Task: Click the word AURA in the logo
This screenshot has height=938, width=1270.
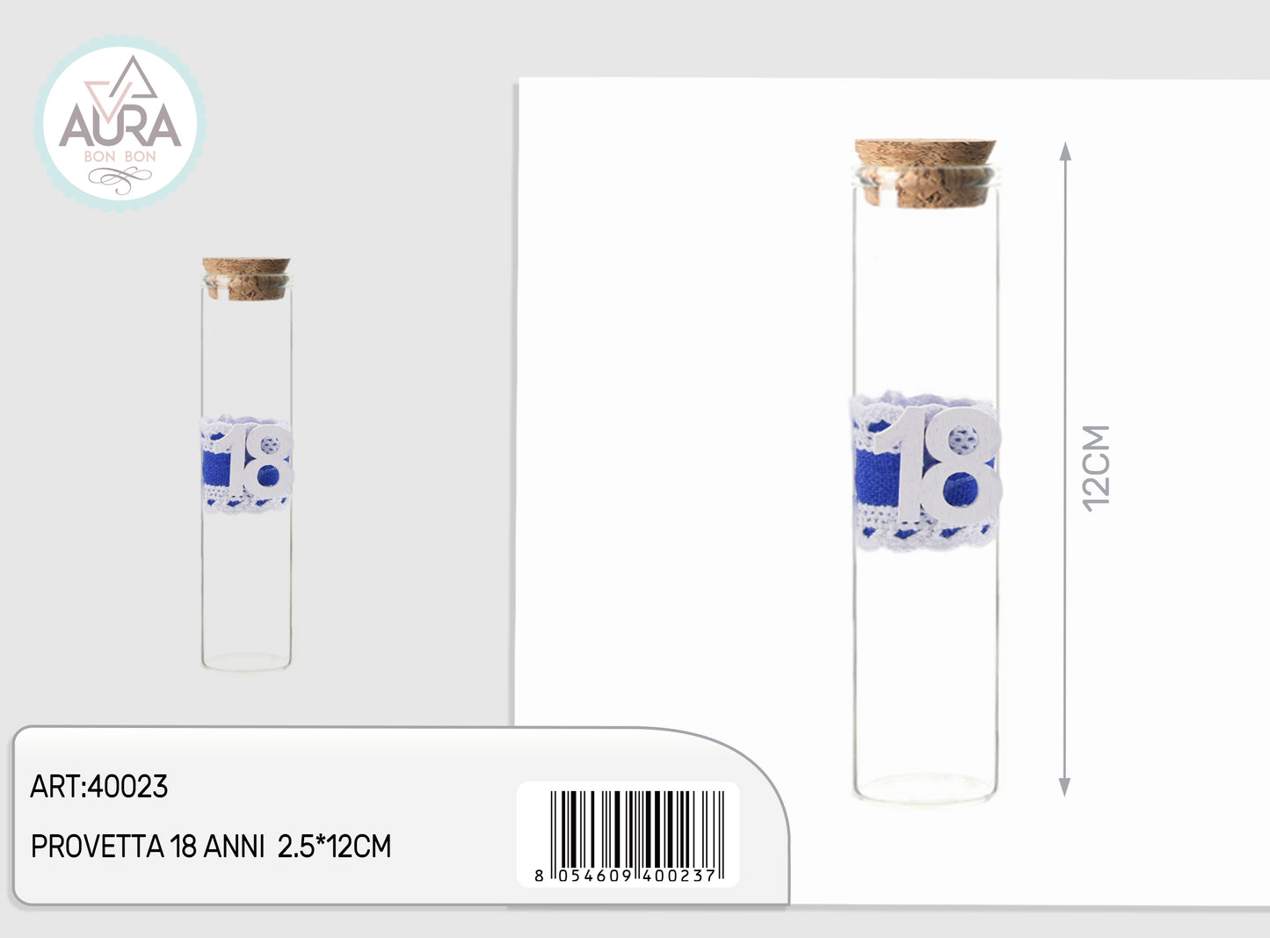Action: [x=120, y=126]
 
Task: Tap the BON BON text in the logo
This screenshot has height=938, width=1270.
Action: [x=120, y=156]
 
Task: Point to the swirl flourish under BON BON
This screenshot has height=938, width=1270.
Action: [x=120, y=179]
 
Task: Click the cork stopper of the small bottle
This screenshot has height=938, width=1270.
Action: [x=246, y=279]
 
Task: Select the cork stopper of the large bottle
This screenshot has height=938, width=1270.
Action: [x=925, y=173]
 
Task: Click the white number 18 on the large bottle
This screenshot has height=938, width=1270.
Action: [x=938, y=464]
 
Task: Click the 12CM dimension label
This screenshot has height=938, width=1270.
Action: [x=1096, y=469]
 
